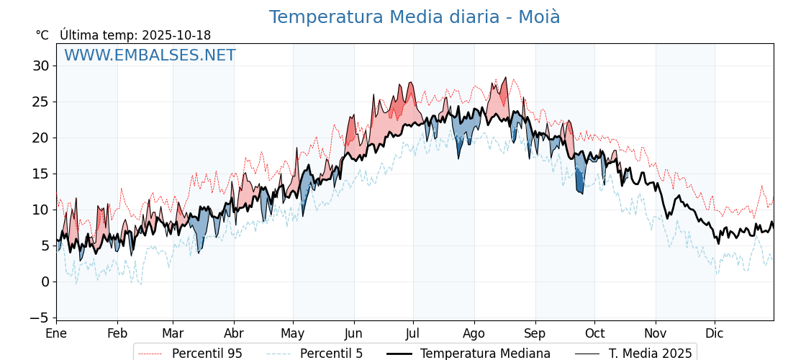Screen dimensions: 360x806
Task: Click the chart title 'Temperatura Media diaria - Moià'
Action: click(415, 17)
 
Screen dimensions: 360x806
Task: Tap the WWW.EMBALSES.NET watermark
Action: click(150, 55)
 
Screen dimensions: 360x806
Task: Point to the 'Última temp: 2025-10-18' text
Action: click(135, 35)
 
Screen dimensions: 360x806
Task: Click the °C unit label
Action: click(42, 35)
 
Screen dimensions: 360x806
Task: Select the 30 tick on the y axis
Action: click(41, 66)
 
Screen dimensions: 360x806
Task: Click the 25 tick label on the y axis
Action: click(41, 102)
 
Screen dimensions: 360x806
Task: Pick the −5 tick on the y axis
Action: click(39, 318)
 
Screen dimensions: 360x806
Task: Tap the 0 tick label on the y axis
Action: click(45, 282)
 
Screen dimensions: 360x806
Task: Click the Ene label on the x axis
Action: click(56, 333)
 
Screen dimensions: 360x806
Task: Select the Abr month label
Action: click(234, 333)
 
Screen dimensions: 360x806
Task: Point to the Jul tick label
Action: click(413, 333)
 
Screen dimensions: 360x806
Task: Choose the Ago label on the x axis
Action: click(474, 333)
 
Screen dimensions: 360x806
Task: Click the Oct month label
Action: click(594, 333)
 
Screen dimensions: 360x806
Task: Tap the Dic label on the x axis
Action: click(715, 333)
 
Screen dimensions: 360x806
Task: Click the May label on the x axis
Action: click(293, 333)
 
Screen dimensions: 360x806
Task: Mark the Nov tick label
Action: click(656, 333)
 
